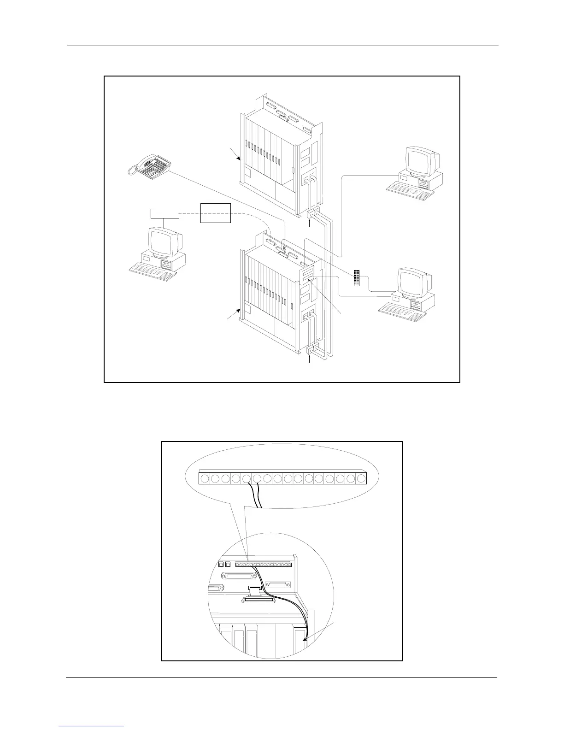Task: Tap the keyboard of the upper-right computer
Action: pyautogui.click(x=410, y=190)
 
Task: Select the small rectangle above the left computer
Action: pyautogui.click(x=165, y=213)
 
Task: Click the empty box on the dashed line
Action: pyautogui.click(x=216, y=212)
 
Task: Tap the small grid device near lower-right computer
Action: pyautogui.click(x=357, y=277)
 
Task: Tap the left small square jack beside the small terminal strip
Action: pyautogui.click(x=220, y=564)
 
